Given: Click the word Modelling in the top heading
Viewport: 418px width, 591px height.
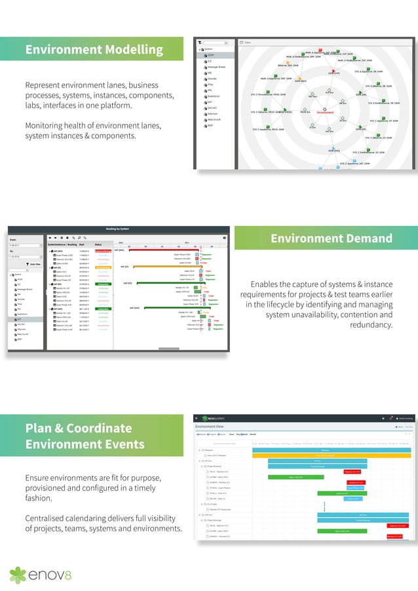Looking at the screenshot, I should pos(130,50).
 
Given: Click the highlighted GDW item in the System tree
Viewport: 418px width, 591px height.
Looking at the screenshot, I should pos(212,55).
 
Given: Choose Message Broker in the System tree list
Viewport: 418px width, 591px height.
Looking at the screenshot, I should pos(218,67).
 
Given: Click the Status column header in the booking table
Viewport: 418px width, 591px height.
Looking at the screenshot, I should pos(99,244).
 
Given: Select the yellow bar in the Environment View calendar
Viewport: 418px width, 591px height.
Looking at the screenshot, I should pos(331,455).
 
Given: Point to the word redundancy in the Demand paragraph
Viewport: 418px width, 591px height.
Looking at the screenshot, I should pos(371,325).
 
